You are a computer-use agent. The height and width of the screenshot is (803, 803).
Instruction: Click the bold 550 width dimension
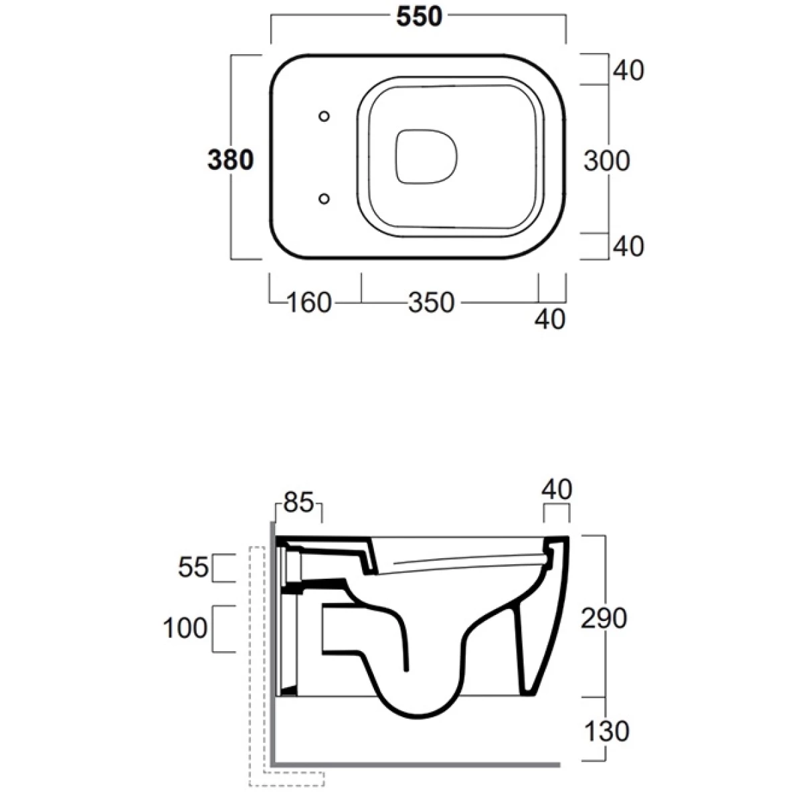pos(419,17)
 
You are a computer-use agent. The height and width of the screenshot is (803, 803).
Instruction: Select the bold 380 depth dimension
pos(230,160)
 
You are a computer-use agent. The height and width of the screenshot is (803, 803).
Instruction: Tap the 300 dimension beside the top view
pos(606,161)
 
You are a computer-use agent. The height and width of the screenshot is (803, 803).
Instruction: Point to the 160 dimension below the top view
pos(309,303)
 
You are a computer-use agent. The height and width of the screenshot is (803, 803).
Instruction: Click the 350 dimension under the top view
pos(431,303)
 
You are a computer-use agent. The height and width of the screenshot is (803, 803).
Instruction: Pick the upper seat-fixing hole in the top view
pos(324,116)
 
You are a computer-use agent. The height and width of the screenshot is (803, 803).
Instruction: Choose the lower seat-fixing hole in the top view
pos(324,199)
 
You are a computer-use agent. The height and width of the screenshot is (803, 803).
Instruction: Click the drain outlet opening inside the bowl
pos(426,157)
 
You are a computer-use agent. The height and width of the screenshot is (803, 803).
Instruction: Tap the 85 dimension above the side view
pos(298,503)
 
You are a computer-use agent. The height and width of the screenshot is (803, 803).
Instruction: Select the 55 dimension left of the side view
pos(193,567)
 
